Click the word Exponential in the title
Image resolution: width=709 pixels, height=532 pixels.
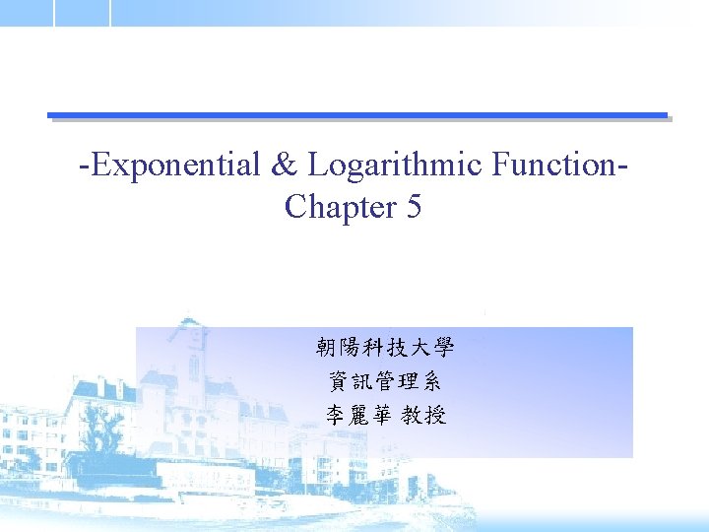pos(173,165)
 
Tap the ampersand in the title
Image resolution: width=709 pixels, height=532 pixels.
pos(285,165)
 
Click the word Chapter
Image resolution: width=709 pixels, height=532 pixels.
pos(338,207)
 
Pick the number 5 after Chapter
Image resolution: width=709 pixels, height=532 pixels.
pos(414,207)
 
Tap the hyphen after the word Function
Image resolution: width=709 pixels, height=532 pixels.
pos(622,166)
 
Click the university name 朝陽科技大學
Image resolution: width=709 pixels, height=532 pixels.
pos(385,348)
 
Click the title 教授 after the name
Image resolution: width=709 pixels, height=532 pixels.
pos(424,415)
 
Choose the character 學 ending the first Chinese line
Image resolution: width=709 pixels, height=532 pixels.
pos(442,348)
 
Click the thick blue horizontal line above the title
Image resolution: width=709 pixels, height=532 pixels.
pos(357,115)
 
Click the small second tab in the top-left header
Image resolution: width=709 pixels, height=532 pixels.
pos(82,12)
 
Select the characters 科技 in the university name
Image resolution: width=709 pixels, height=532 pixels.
pos(385,348)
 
